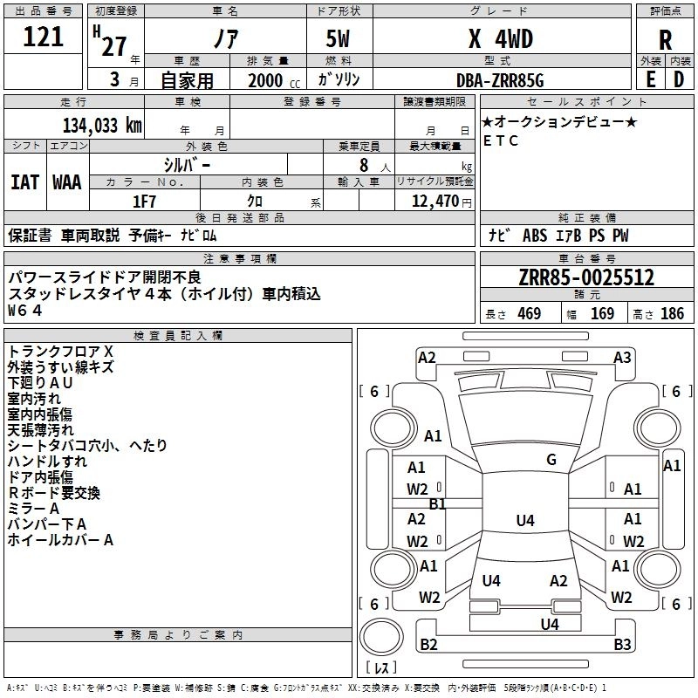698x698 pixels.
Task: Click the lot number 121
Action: click(43, 38)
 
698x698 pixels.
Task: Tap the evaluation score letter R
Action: click(665, 40)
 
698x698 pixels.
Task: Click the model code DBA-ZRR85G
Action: click(499, 80)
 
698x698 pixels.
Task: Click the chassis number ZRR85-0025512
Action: click(586, 277)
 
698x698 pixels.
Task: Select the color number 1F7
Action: click(145, 201)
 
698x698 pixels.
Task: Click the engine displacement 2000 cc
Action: click(266, 81)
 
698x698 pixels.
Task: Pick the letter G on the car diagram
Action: click(551, 460)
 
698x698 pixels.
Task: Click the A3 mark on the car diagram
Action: click(622, 357)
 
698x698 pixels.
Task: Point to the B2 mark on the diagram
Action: click(428, 645)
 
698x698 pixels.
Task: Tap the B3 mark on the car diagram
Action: click(622, 645)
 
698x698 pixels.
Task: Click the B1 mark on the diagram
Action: click(438, 503)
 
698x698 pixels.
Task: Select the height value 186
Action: click(672, 314)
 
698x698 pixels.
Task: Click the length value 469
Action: click(529, 314)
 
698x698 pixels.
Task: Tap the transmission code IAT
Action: click(24, 181)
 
